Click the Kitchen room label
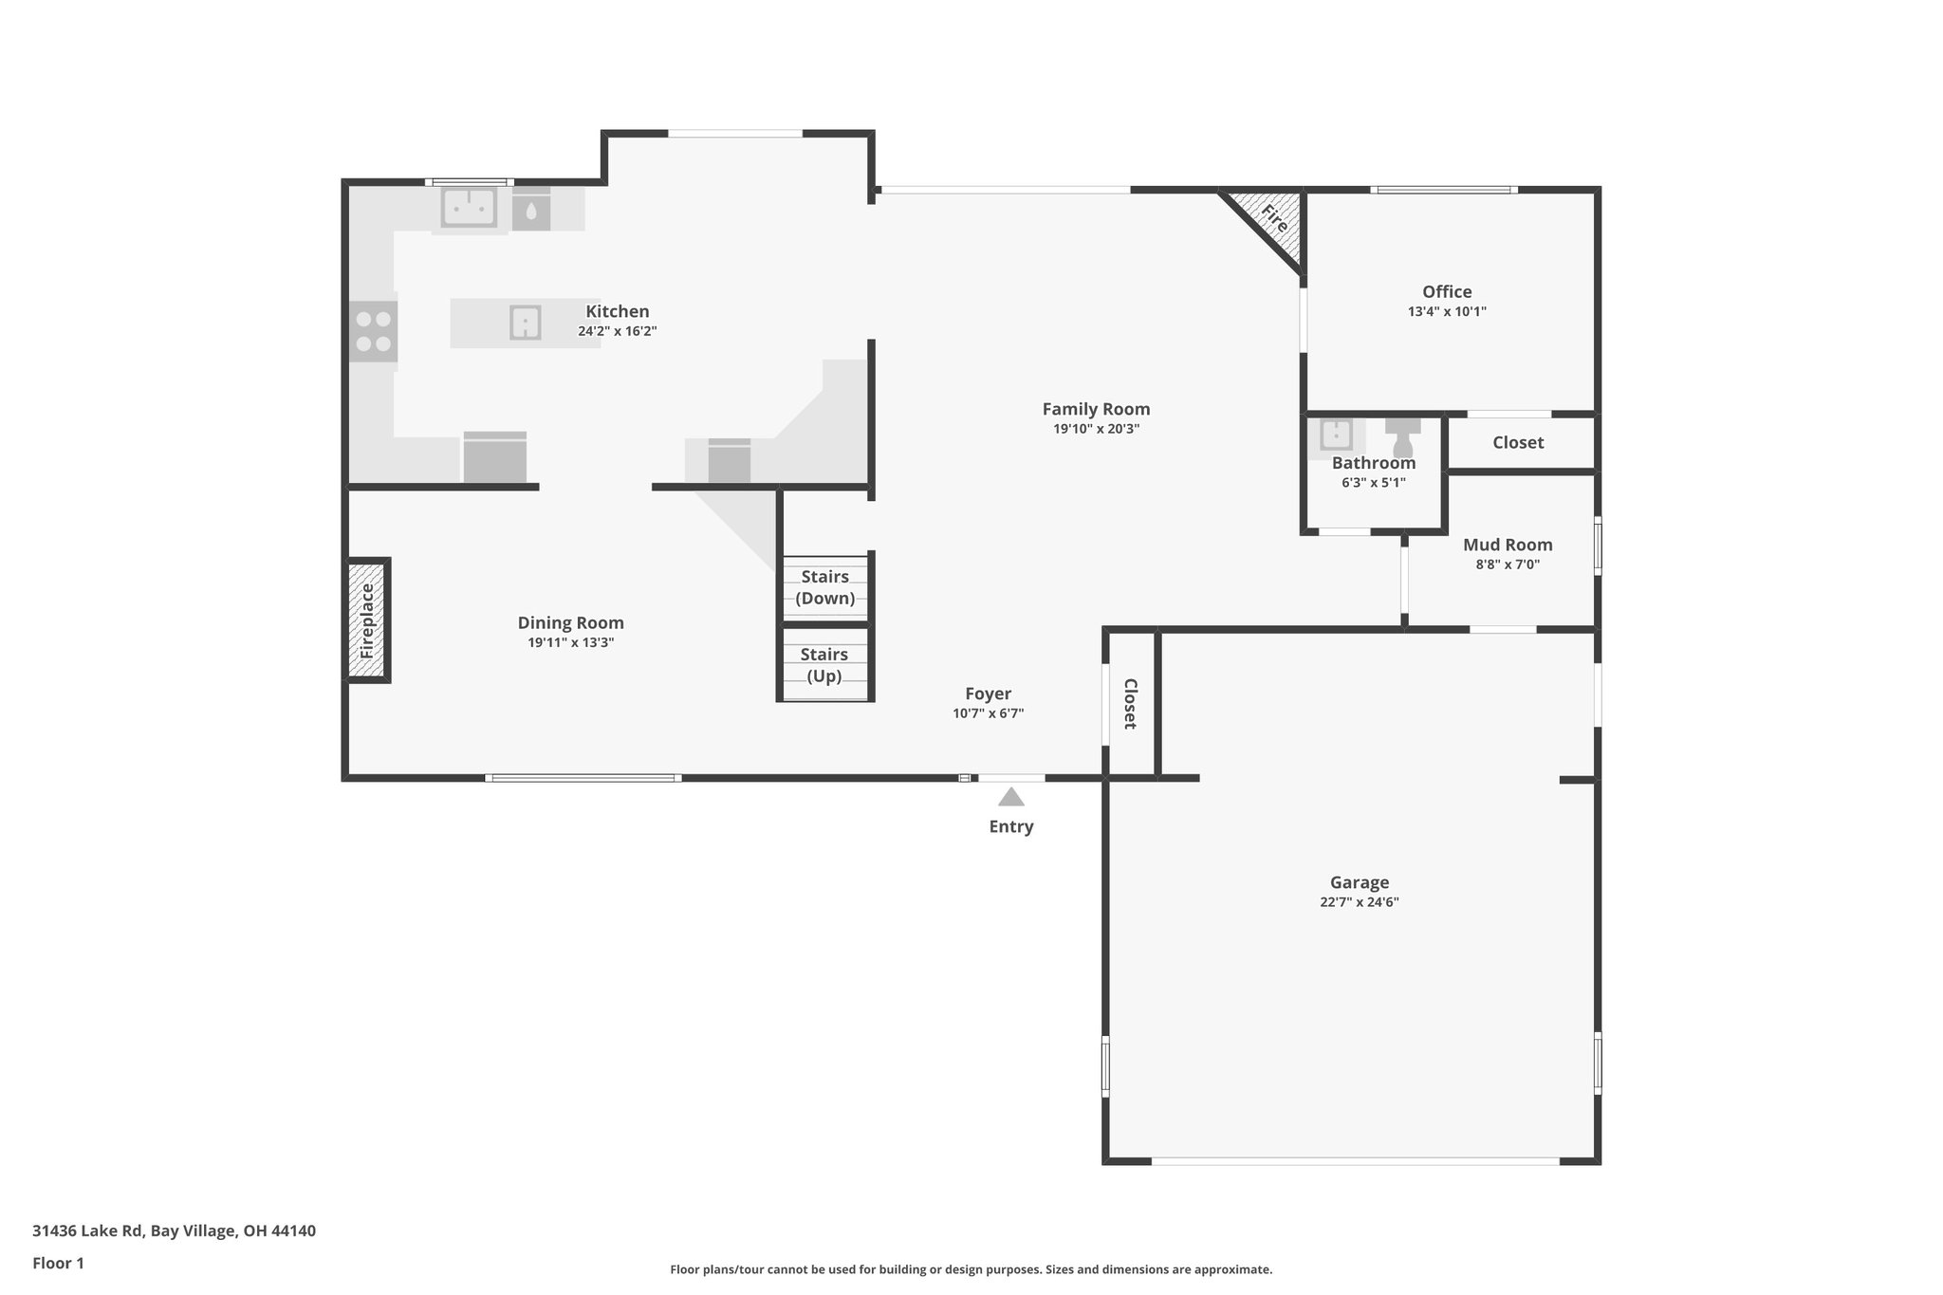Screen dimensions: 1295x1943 coord(617,311)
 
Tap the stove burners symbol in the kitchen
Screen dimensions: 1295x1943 coord(373,331)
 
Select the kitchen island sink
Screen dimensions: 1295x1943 coord(525,323)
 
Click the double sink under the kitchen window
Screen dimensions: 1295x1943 coord(468,208)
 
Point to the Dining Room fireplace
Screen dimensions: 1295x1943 coord(367,620)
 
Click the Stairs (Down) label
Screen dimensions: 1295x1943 coord(824,587)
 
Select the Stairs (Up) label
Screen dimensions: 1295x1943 coord(823,664)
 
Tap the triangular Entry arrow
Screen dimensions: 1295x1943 coord(1010,797)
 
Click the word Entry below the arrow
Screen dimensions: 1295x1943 coord(1010,826)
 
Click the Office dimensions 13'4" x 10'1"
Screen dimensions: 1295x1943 coord(1446,311)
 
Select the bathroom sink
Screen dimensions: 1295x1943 coord(1336,435)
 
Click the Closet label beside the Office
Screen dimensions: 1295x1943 coord(1517,443)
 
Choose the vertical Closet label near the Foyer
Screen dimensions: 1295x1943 coord(1130,703)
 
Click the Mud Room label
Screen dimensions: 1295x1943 coord(1507,545)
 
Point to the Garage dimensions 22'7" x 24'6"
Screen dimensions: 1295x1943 coord(1359,902)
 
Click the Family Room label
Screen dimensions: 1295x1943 coord(1096,409)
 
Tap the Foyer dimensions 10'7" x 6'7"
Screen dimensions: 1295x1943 coord(988,713)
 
